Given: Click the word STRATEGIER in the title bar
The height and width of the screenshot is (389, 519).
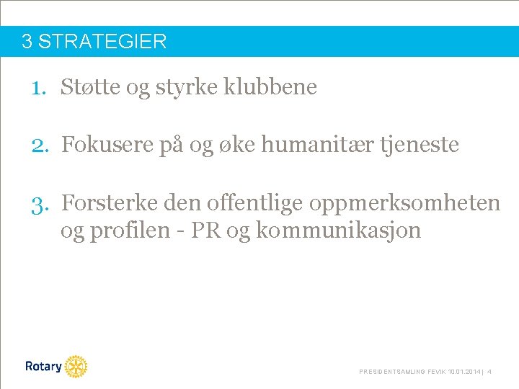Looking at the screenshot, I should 102,42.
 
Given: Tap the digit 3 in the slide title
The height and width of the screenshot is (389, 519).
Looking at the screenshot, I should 27,42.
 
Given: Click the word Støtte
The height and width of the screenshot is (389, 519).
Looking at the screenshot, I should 90,88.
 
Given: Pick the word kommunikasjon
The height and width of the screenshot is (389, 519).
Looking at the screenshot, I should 338,232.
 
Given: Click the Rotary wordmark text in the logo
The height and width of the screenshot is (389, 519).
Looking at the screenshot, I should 43,367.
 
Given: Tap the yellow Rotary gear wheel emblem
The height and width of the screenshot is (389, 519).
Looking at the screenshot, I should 76,367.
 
